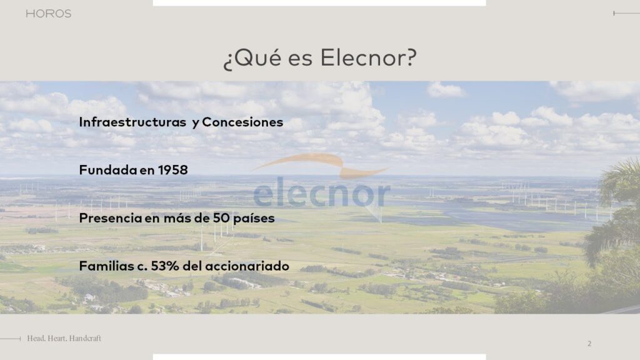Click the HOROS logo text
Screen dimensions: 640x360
(49, 14)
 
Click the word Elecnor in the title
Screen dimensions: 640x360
(364, 57)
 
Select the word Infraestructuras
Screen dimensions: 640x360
(132, 122)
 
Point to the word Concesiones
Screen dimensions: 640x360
(242, 122)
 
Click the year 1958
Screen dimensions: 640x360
(173, 170)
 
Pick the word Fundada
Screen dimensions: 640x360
(108, 170)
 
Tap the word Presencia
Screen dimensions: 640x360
(111, 218)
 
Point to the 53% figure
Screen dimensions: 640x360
(165, 266)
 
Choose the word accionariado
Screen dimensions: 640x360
(247, 266)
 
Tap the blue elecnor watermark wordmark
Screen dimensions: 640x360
(322, 192)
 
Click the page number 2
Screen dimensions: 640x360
(589, 344)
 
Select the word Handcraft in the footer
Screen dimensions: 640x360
(85, 338)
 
